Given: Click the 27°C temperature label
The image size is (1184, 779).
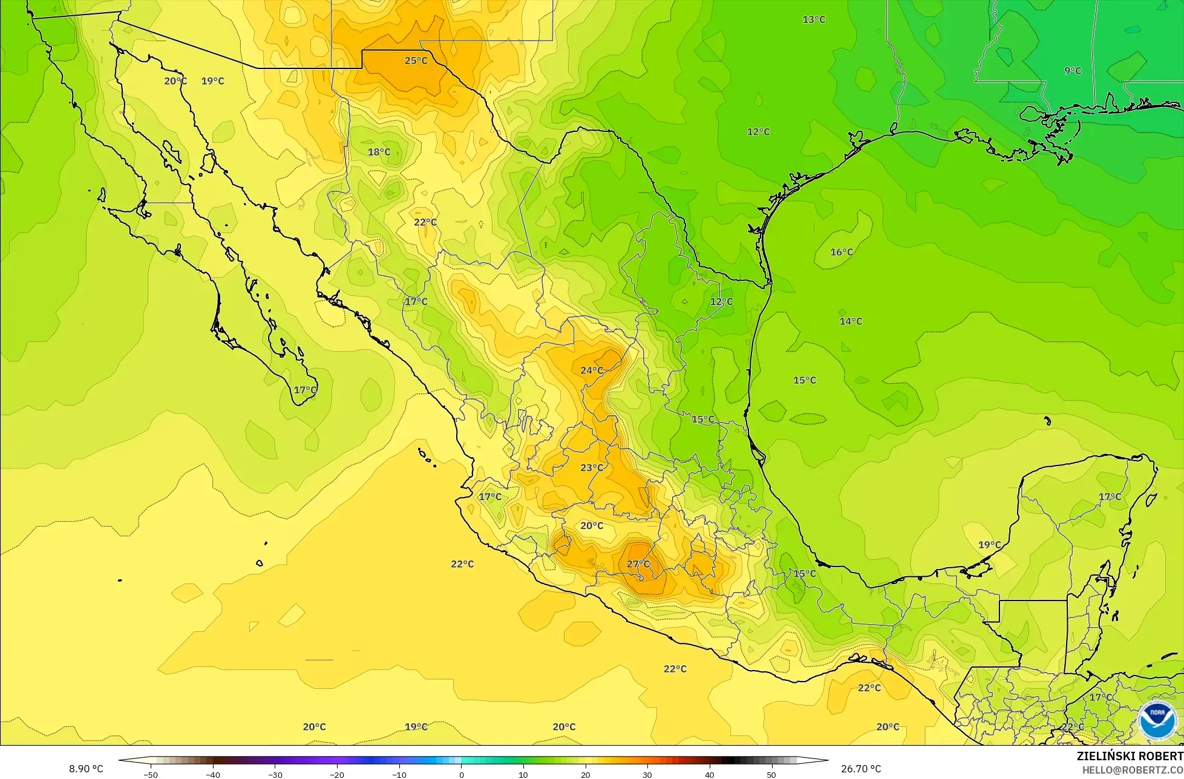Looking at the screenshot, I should [638, 564].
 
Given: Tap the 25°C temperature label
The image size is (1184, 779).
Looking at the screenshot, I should [416, 61].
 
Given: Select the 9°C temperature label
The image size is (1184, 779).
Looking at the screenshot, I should [1073, 71].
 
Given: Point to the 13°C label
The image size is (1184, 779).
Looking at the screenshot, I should [814, 19].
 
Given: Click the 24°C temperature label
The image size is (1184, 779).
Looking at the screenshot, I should [592, 370].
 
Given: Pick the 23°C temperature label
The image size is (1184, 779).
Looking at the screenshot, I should [592, 467].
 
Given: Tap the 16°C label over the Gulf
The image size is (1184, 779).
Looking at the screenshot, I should [842, 252].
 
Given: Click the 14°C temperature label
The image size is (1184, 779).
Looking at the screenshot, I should [851, 321].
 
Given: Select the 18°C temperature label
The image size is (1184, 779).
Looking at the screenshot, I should [379, 152].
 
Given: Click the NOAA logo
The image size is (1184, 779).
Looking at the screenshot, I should [1157, 720].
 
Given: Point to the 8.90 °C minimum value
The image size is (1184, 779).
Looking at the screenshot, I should [86, 769].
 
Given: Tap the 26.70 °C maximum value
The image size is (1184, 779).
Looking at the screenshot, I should [861, 769].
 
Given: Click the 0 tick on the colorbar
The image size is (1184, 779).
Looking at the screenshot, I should [461, 774].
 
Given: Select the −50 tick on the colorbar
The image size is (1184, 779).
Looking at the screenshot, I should [151, 774].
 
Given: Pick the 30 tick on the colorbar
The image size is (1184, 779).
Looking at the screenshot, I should [647, 774].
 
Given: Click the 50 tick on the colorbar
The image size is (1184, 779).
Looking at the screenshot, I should [771, 774].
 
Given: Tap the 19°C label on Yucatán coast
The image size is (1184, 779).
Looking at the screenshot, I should [989, 545].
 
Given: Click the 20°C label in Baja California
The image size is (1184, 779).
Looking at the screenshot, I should [175, 81].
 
